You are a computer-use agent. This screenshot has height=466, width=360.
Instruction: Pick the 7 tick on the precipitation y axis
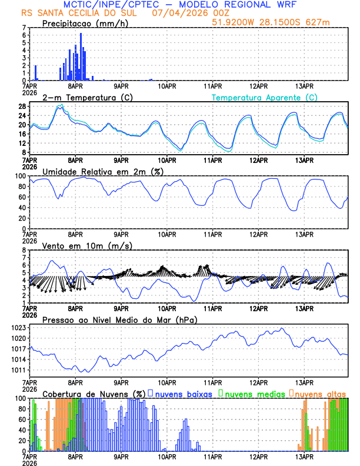(x=24, y=28)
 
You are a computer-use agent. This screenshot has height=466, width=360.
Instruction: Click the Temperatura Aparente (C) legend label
(x=265, y=97)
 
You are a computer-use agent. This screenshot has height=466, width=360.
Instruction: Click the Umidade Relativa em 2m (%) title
(x=102, y=171)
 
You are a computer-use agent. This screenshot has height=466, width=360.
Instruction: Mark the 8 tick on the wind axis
(x=24, y=250)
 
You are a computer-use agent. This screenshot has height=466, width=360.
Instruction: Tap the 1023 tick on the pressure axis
(x=18, y=327)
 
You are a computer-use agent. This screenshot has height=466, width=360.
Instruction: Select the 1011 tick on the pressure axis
(x=18, y=370)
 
